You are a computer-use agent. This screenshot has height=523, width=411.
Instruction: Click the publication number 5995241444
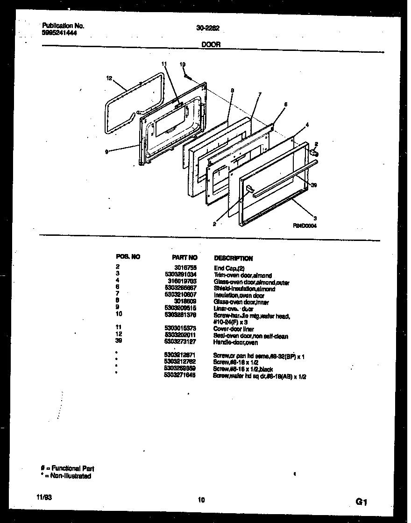59,33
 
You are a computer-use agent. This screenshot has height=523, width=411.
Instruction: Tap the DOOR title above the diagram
208,45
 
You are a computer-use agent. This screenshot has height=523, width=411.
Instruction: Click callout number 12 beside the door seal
109,78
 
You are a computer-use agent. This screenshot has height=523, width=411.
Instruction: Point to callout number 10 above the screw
183,64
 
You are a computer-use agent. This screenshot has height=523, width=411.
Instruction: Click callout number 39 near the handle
314,185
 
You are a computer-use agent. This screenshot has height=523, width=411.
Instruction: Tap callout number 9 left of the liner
107,151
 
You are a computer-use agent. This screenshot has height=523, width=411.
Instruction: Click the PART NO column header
184,257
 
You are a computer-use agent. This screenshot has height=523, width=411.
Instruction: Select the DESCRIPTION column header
233,258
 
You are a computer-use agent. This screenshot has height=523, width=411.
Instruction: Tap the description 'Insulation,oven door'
239,296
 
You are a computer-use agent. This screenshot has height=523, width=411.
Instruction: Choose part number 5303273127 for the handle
181,342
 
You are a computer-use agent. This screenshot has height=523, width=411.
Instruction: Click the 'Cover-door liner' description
234,329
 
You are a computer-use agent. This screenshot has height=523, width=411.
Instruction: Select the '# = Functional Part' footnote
67,468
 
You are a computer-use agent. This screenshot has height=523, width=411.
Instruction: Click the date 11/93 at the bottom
45,498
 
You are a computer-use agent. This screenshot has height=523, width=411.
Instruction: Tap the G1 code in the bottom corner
362,502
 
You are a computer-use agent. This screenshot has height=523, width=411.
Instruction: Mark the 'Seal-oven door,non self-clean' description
251,336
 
